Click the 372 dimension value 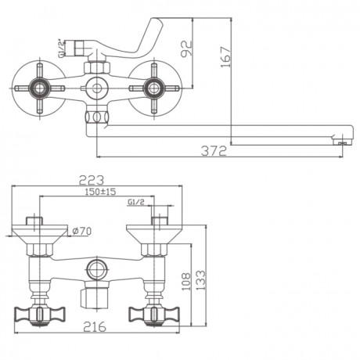point(214,151)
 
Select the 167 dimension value point(226,57)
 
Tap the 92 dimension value point(187,49)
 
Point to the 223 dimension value point(92,180)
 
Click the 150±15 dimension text point(100,192)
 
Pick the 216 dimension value point(95,326)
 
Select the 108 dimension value point(186,282)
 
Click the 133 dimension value point(200,280)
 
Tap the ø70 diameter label point(82,231)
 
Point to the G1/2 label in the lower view point(136,202)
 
